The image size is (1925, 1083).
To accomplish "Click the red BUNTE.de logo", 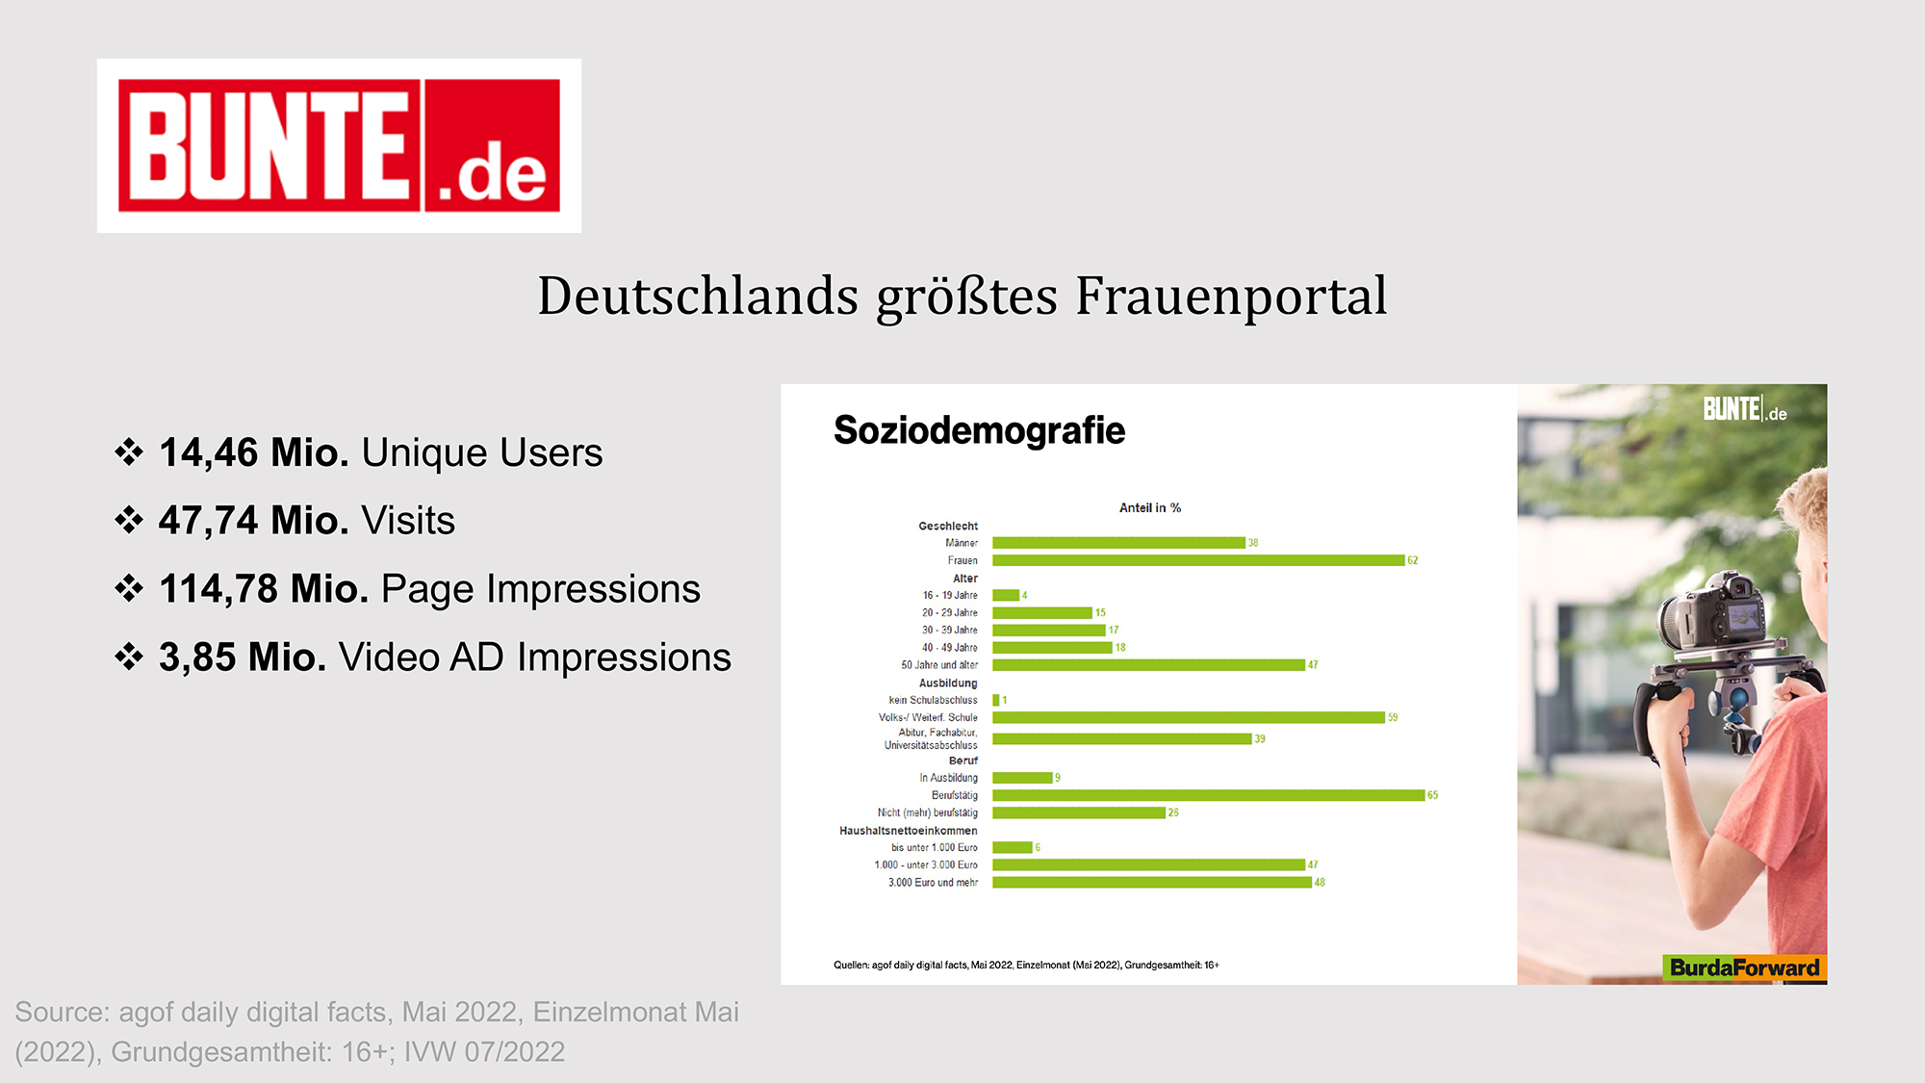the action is [339, 145].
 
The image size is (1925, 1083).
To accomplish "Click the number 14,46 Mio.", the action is [254, 452].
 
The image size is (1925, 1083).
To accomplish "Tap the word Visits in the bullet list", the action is [408, 520].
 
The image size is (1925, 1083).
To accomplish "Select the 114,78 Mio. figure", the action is [264, 588].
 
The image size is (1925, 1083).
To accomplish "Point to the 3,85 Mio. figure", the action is [243, 657].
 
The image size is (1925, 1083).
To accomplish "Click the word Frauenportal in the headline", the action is [1231, 297].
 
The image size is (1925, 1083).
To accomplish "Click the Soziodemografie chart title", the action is [979, 430].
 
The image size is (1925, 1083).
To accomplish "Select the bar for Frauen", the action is [1198, 560].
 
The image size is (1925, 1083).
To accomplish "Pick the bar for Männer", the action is [1118, 543].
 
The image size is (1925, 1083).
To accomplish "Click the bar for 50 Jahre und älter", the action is [1148, 665].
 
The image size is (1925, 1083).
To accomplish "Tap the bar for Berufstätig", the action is [1208, 795].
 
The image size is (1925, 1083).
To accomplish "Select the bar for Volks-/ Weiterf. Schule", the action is [1189, 717].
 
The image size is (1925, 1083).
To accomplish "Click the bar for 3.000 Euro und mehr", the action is [1152, 883].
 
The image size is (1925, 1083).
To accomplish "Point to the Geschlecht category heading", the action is [948, 526].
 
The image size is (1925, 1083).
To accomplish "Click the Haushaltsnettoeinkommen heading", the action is [908, 831].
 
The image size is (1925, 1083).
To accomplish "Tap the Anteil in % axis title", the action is [1150, 507].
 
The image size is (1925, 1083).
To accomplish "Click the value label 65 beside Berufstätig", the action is [1433, 795].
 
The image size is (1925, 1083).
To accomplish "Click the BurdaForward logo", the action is [1744, 967].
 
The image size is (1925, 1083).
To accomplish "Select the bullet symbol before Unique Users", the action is [129, 451].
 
